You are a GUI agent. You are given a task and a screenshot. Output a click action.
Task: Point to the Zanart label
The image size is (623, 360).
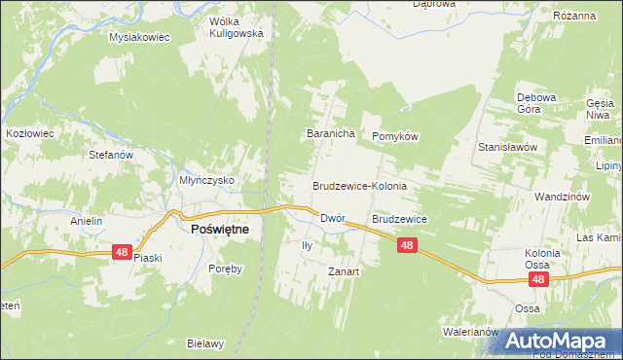[344, 271]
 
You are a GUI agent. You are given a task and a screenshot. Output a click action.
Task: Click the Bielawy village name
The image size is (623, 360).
[205, 343]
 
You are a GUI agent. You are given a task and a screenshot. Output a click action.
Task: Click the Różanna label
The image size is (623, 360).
[573, 17]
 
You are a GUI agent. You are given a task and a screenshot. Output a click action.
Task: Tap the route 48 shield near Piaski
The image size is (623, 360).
[121, 252]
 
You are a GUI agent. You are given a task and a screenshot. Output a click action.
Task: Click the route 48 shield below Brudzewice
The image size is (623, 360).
[408, 247]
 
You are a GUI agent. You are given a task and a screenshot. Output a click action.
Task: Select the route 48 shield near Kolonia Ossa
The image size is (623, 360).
[539, 279]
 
